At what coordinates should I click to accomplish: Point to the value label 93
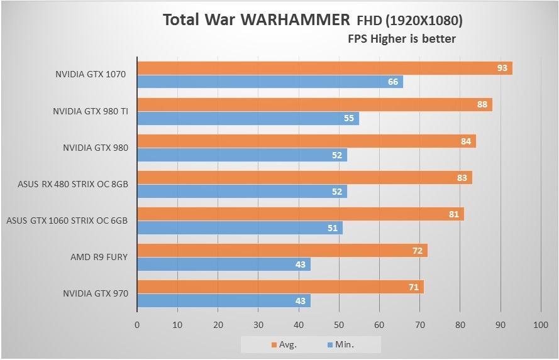pyautogui.click(x=502, y=68)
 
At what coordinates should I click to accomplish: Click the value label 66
pyautogui.click(x=393, y=82)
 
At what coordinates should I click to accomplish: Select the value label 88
pyautogui.click(x=482, y=104)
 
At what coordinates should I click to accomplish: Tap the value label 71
pyautogui.click(x=414, y=287)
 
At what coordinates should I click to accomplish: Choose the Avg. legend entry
pyautogui.click(x=284, y=344)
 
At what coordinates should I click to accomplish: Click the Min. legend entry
pyautogui.click(x=340, y=344)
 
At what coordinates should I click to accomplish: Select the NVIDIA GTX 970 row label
pyautogui.click(x=95, y=293)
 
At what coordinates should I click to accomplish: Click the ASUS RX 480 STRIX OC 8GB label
pyautogui.click(x=73, y=185)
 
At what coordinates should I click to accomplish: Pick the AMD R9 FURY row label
pyautogui.click(x=99, y=257)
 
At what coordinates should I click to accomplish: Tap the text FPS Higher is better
pyautogui.click(x=402, y=39)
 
